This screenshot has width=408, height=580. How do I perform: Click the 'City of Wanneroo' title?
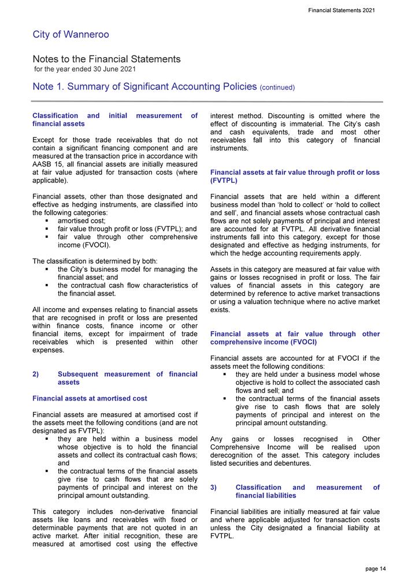[71, 35]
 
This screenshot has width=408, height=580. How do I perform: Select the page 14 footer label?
[376, 569]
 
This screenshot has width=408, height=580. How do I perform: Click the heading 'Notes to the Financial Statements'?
[106, 59]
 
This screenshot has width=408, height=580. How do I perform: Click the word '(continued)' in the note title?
[277, 88]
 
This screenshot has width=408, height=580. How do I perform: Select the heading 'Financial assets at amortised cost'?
[90, 398]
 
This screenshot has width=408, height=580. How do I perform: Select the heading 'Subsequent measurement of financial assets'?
[128, 378]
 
